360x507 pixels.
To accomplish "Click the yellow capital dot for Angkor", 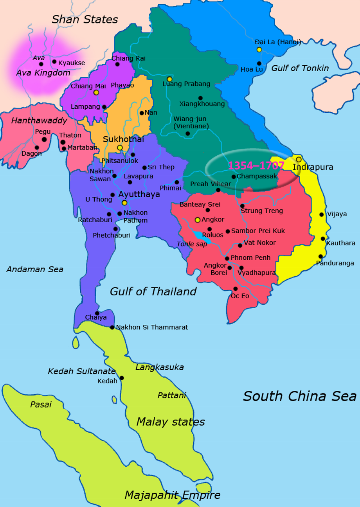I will coord(198,220).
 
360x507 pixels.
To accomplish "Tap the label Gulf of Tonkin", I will coord(300,68).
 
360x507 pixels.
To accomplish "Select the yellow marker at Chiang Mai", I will coord(96,93).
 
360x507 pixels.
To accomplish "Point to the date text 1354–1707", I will coord(256,166).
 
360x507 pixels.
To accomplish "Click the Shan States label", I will coord(85,19).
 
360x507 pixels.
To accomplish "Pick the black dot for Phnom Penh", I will coord(227,259).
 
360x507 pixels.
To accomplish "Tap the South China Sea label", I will coord(300,396).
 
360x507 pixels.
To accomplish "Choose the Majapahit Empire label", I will coord(172,495).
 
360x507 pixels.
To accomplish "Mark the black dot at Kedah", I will coord(122,378).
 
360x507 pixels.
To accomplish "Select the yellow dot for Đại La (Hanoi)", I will coord(259,50).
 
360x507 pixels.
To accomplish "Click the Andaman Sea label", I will coord(35,269).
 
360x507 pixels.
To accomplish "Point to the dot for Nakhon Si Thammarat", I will coord(112,327).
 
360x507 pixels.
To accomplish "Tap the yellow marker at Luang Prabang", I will coord(169,79).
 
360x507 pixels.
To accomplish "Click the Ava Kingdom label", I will coord(43,73).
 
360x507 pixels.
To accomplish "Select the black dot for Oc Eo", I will coord(235,289).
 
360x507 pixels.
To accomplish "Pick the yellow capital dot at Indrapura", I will coord(299,159).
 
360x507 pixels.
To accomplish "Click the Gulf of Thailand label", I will coord(153,291).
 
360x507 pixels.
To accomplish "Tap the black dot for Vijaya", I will coord(322,214).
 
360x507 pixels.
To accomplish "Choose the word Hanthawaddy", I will coord(39,121).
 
